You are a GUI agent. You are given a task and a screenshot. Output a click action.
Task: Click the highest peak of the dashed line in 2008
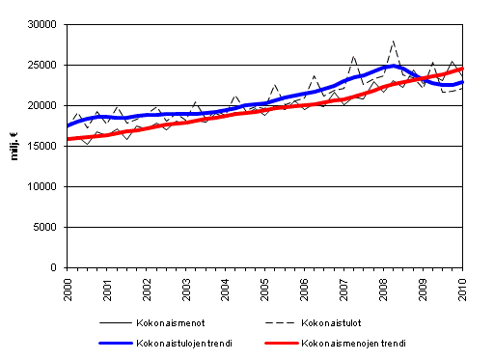pyautogui.click(x=393, y=42)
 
